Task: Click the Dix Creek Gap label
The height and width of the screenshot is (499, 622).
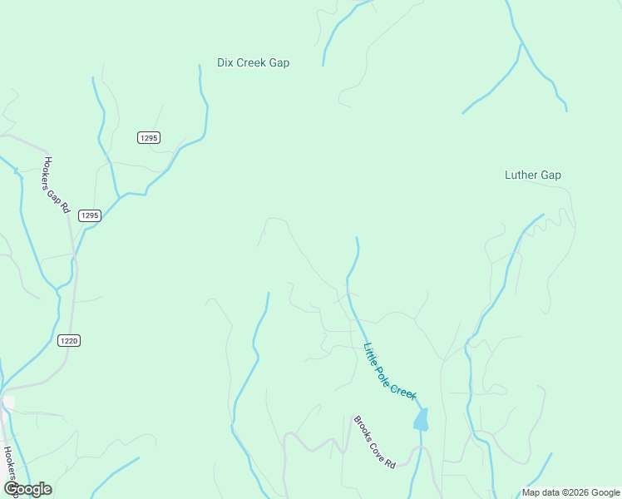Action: coord(253,62)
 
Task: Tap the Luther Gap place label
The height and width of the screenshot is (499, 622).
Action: coord(532,175)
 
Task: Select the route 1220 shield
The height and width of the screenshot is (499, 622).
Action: coord(69,340)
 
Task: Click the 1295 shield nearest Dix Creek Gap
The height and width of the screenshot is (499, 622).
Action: coord(149,137)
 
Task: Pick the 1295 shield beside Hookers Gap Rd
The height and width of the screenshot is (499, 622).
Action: coord(90,215)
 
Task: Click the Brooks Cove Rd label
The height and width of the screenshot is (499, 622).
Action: coord(373,442)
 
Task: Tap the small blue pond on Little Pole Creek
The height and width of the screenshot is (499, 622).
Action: coord(421,419)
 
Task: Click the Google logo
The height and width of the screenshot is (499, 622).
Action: coord(27,489)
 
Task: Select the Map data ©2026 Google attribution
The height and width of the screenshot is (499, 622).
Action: coord(570,492)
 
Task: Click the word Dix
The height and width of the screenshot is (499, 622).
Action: coord(225,62)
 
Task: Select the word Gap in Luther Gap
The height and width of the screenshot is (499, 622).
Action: coord(550,175)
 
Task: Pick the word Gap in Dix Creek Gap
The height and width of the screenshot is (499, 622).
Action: coord(279,62)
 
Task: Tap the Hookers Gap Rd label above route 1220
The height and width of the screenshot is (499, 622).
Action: coord(56,185)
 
